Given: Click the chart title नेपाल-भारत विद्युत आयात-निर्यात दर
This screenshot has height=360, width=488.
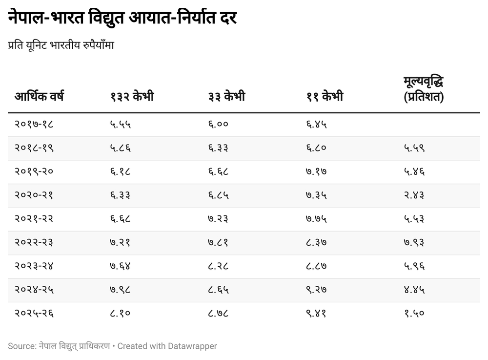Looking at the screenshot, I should tap(122, 18).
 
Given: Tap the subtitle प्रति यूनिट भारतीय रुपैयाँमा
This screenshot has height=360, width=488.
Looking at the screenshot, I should tap(61, 45).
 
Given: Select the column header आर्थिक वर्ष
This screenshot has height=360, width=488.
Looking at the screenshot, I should tap(39, 97).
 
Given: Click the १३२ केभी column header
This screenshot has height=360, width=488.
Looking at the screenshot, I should tap(132, 97).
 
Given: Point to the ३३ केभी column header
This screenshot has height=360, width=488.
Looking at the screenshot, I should tap(226, 97).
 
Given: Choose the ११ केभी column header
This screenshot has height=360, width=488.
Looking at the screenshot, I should tap(325, 97).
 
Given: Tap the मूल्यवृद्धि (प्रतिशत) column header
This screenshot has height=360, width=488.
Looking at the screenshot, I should tap(424, 89).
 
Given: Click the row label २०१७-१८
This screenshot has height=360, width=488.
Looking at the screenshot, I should tap(34, 125).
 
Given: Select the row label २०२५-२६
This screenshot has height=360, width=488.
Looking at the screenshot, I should tap(34, 314).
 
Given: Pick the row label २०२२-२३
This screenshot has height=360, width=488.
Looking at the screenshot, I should tap(34, 243).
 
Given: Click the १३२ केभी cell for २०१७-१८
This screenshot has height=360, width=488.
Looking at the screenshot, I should tap(121, 125).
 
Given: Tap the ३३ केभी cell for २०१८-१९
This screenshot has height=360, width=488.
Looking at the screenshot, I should tap(218, 148).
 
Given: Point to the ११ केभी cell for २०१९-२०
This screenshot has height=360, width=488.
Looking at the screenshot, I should tap(316, 172).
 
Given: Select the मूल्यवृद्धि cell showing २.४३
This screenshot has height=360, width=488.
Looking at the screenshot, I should tap(414, 195).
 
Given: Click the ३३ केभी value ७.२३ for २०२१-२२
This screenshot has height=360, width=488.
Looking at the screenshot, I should tap(218, 219).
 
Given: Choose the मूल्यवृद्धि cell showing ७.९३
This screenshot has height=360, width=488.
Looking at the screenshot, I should tap(414, 243).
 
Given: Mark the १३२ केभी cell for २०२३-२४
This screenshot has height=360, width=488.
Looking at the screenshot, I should tap(121, 266).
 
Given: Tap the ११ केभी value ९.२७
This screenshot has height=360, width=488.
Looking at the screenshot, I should tap(316, 290).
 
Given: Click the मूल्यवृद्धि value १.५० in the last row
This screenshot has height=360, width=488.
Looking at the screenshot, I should tap(414, 314).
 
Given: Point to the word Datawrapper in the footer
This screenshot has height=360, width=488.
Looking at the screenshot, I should tap(192, 346).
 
